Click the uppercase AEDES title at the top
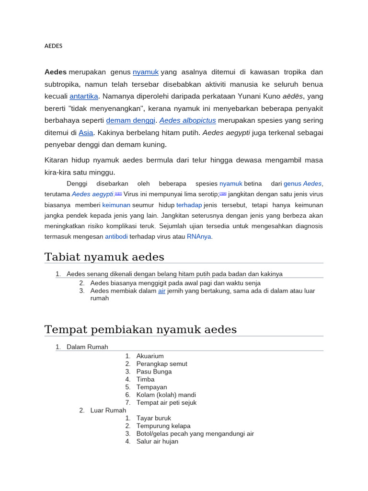(53, 46)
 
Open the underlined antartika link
(84, 96)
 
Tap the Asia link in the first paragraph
(86, 133)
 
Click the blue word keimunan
(116, 205)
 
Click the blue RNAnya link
(199, 236)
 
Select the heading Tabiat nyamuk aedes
(104, 257)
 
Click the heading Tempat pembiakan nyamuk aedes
(140, 330)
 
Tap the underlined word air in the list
(161, 291)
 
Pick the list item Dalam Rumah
(87, 347)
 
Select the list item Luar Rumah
(108, 410)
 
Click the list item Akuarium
(150, 356)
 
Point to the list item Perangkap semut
(161, 364)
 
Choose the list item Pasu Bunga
(154, 372)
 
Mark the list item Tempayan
(151, 387)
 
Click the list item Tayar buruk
(153, 418)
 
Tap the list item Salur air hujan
(157, 441)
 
